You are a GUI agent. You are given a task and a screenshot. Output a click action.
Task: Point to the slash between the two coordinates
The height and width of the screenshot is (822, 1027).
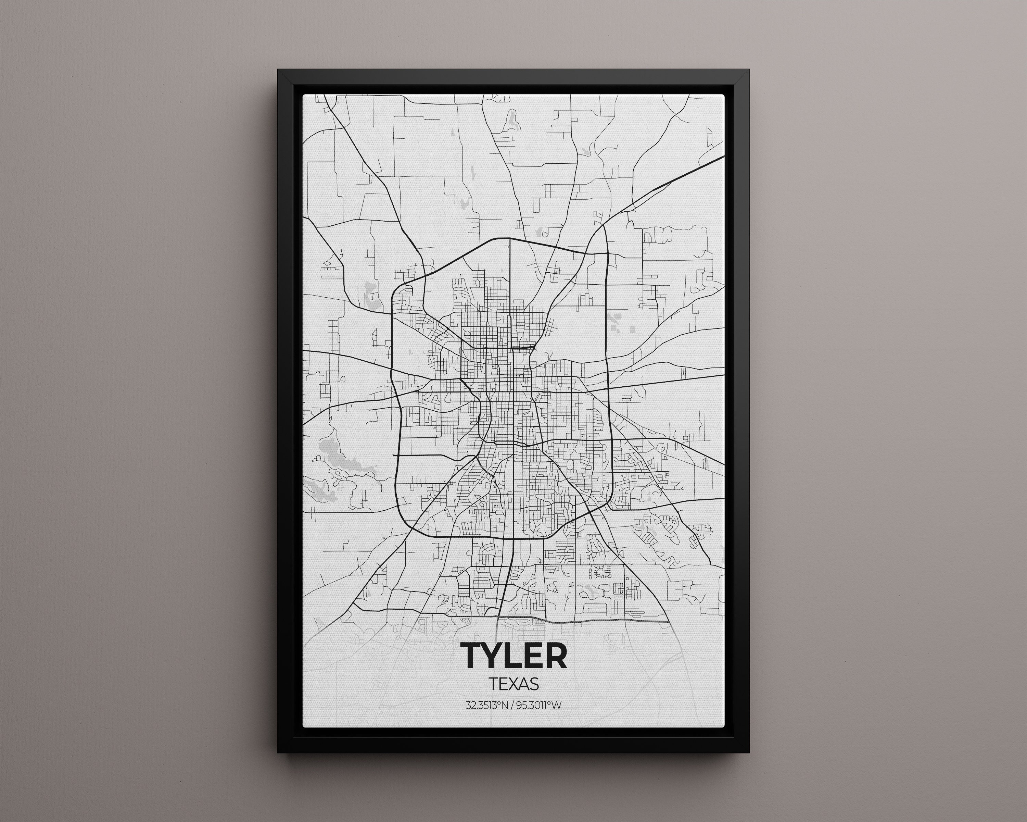513,705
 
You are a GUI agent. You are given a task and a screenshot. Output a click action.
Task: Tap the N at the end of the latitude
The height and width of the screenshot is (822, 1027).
507,705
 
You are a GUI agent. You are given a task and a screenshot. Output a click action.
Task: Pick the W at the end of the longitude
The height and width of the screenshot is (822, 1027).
558,705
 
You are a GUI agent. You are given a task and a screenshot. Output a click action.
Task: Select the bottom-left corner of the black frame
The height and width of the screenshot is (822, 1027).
278,752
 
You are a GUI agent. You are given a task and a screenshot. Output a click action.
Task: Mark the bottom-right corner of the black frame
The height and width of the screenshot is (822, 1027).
749,752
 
